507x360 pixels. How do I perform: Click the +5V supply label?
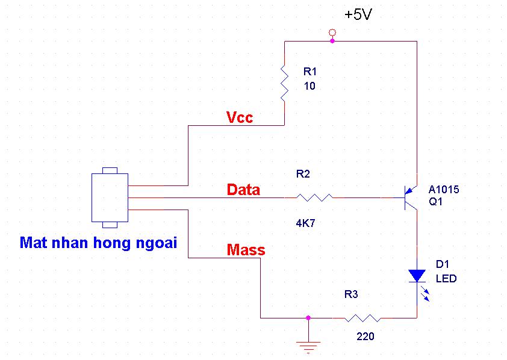(x=358, y=15)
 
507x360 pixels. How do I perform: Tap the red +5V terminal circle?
(x=331, y=31)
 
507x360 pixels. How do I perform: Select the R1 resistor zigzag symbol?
(x=284, y=82)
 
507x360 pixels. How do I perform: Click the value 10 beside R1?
(x=309, y=86)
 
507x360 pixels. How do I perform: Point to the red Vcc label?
(x=240, y=117)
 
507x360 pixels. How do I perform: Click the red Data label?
(x=243, y=190)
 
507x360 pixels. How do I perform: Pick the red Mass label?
(x=246, y=249)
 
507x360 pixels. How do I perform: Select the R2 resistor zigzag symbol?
(x=314, y=197)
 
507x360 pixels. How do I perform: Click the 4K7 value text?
(x=305, y=223)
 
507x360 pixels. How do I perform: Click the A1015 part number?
(x=444, y=190)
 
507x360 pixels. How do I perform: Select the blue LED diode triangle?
(x=417, y=276)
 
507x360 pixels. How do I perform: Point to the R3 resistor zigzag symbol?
(x=362, y=318)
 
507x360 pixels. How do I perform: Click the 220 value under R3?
(x=365, y=337)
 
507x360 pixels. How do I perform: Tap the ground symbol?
(x=308, y=345)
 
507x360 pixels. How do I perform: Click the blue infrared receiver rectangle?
(x=110, y=197)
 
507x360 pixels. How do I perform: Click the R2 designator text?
(x=303, y=174)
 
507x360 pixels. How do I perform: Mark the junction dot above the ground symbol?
(x=308, y=317)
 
